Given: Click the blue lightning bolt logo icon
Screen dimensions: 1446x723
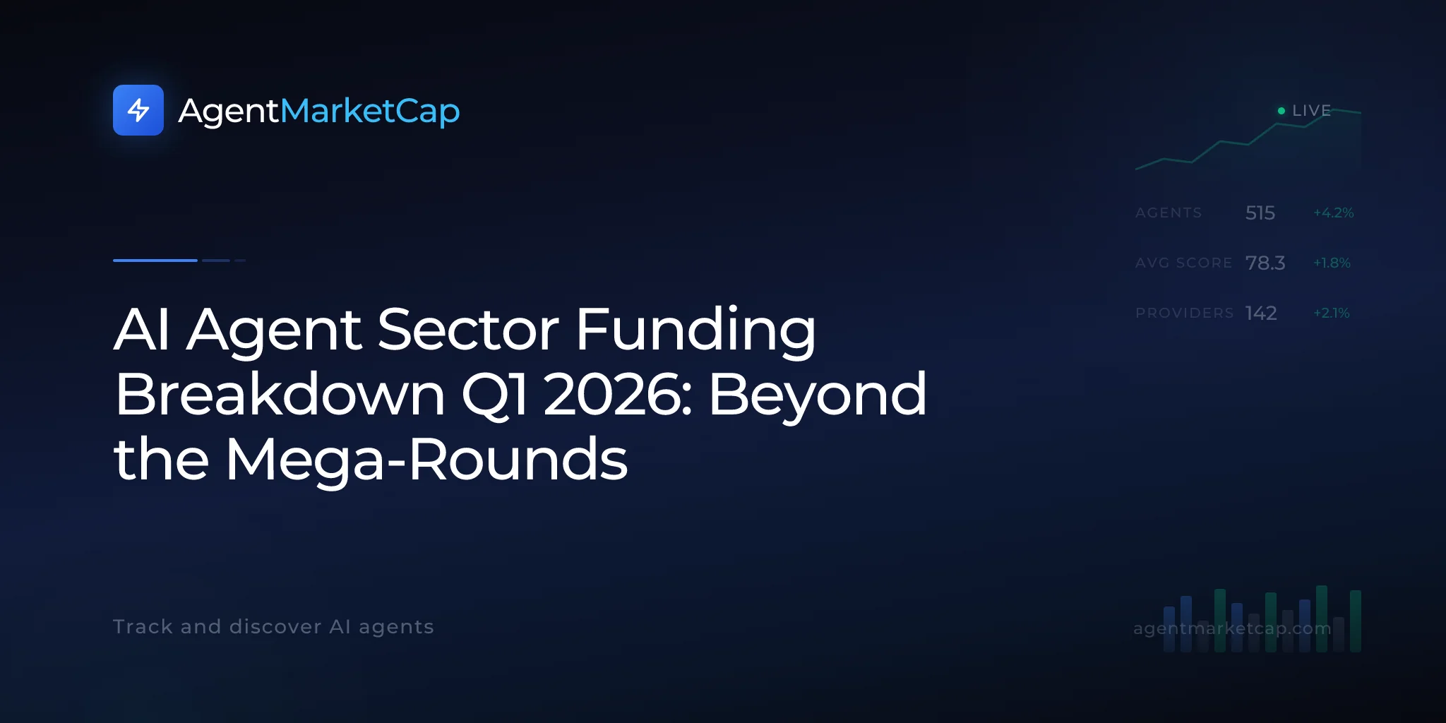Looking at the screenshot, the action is (x=138, y=110).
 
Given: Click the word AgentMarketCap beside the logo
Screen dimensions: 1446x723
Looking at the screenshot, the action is (x=319, y=112).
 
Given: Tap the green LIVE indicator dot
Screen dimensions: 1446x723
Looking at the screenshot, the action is (x=1281, y=111).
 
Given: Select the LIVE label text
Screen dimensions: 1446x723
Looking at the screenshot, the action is (x=1311, y=111).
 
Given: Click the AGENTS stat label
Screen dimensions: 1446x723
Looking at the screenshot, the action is (x=1169, y=213).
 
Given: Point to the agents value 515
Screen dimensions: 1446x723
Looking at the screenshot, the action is (x=1260, y=213).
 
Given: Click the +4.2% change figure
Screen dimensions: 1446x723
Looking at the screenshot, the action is (x=1334, y=213).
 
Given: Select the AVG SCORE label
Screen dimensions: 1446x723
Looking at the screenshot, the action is (x=1183, y=263).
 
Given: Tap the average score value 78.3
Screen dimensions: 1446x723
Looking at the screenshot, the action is (x=1265, y=263).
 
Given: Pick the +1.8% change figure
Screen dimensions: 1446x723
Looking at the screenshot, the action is (x=1332, y=263).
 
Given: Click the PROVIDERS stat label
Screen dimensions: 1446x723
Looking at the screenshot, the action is (x=1185, y=313).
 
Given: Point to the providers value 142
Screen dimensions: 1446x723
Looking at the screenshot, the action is (x=1261, y=313).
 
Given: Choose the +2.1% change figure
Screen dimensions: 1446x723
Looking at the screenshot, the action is (x=1332, y=313).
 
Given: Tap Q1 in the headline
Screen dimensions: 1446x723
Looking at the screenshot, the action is (x=494, y=395).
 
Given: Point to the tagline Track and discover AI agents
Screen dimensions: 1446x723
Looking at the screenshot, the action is (x=273, y=627).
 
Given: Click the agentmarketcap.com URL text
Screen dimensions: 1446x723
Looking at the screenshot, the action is (x=1232, y=628).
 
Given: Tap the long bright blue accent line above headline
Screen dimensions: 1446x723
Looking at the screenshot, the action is (x=155, y=261).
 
